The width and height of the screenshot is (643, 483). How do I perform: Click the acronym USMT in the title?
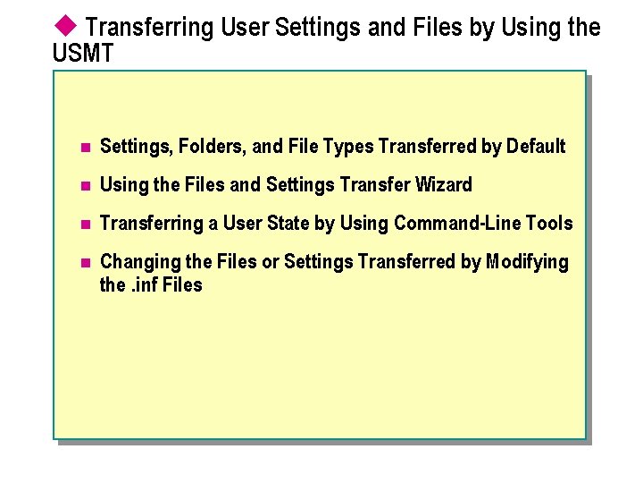tap(84, 55)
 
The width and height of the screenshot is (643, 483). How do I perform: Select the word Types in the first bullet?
tap(348, 146)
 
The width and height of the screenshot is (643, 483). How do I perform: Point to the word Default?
tap(535, 146)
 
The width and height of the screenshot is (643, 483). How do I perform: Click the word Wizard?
tap(444, 185)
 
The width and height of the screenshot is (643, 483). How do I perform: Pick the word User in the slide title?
tap(244, 28)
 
